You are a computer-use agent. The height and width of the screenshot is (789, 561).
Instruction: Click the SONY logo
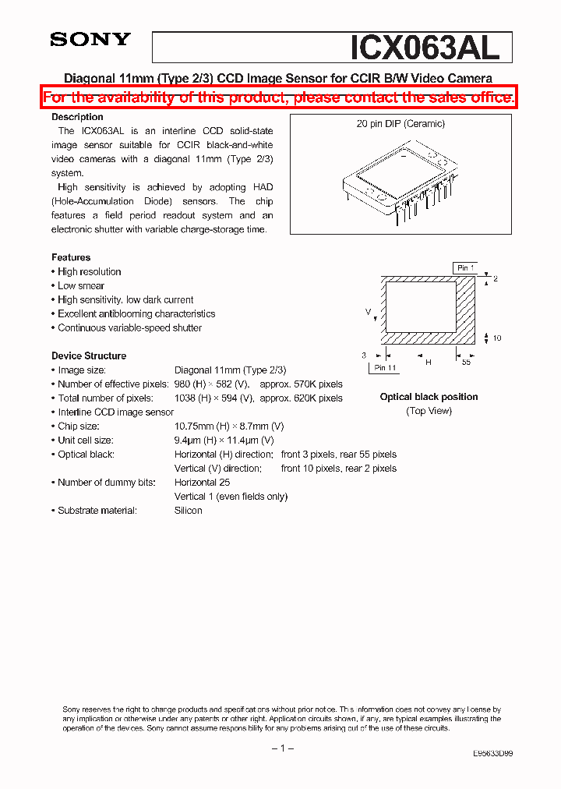coord(90,39)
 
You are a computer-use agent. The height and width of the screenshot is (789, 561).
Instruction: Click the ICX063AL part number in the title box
coord(424,48)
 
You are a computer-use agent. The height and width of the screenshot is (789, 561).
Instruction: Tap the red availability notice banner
coord(278,97)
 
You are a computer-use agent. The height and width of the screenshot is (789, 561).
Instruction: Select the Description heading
coord(77,117)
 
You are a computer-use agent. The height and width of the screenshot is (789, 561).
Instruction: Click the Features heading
coord(71,257)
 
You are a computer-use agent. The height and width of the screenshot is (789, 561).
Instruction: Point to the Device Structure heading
coord(89,356)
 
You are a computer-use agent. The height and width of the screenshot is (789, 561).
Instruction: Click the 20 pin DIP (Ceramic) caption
coord(400,124)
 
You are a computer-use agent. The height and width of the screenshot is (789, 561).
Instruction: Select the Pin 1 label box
coord(465,268)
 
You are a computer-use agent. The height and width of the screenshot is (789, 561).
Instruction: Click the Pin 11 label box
coord(385,367)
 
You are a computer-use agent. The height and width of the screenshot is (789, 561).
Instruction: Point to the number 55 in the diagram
coord(466,363)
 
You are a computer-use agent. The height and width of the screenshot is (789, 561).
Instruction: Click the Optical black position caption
coord(429,397)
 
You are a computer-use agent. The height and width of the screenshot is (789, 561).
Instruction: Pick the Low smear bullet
coord(81,285)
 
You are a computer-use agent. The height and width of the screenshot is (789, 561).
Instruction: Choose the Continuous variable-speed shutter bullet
coord(129,327)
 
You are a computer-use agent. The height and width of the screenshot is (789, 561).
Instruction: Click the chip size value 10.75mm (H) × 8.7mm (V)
coord(229,426)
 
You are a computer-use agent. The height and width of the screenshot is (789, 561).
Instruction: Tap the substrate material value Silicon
coord(188,510)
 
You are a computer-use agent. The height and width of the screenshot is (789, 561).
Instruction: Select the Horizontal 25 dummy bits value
coord(202,482)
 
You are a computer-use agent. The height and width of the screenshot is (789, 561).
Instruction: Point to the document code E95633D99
coord(492,754)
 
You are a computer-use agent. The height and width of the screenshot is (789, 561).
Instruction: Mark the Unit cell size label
coord(85,440)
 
